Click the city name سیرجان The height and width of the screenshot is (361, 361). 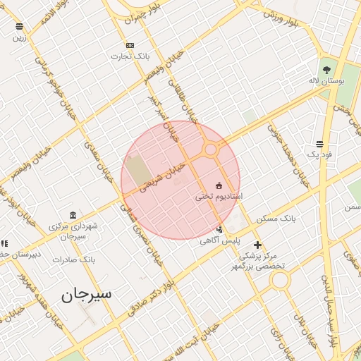(87, 294)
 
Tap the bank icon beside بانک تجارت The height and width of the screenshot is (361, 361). (130, 45)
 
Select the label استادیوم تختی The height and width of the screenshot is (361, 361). (219, 196)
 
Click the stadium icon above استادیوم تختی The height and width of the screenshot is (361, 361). (219, 185)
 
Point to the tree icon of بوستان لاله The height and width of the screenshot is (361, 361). (326, 69)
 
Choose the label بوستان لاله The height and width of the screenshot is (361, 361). (326, 81)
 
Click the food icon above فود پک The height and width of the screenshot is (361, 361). (320, 143)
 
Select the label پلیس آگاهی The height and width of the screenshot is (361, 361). (219, 240)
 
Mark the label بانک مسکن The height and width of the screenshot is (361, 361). (276, 219)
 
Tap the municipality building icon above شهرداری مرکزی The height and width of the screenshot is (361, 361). (73, 215)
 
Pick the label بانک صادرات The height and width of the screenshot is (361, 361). (73, 259)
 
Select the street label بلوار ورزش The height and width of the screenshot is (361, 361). (291, 19)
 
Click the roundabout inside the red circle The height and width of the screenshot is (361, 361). (210, 149)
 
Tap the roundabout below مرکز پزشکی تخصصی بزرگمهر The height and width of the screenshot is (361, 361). (280, 280)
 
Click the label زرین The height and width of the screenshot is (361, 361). (19, 37)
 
